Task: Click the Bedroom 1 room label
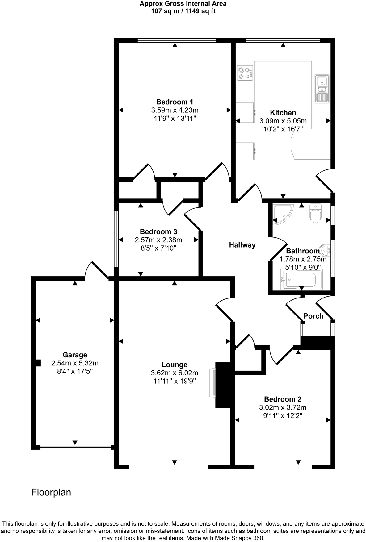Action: click(175, 102)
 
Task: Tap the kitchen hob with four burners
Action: click(245, 73)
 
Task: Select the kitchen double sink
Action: click(322, 89)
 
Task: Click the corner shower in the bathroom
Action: click(282, 213)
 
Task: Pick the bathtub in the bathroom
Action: click(301, 280)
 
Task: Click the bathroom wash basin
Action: click(325, 250)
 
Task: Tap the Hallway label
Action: click(242, 245)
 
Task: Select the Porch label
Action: click(313, 316)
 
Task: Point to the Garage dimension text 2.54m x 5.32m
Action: click(75, 363)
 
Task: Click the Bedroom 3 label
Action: click(158, 232)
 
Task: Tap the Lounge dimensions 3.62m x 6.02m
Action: click(175, 373)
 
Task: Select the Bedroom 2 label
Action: click(283, 399)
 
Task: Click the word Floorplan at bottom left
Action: click(51, 492)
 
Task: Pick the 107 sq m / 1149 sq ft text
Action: click(183, 11)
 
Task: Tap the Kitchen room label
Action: click(283, 113)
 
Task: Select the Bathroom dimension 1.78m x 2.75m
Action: click(303, 259)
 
